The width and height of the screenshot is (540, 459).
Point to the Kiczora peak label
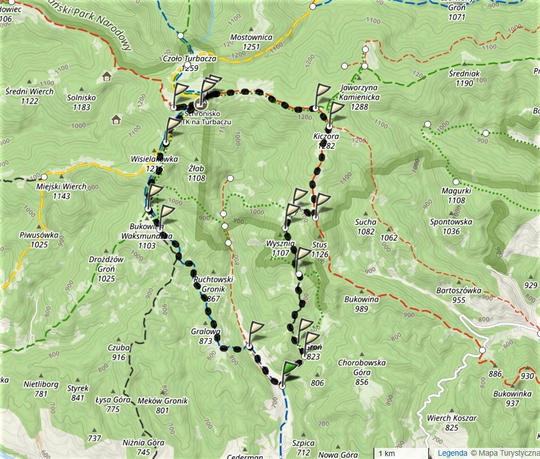pos(327,140)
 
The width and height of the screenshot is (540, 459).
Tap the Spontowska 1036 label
pos(451,226)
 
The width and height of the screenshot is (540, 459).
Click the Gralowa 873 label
pos(206,336)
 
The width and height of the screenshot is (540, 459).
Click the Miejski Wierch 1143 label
pos(61,191)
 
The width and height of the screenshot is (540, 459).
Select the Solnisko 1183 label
pos(81,102)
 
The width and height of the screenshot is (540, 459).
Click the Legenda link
pos(452,453)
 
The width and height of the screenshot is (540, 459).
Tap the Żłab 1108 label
pos(196,174)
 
